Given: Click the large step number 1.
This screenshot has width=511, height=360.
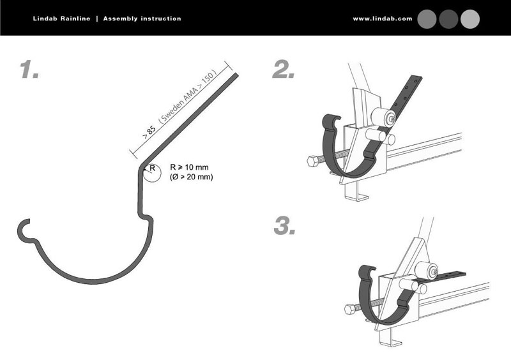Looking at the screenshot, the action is (29, 69).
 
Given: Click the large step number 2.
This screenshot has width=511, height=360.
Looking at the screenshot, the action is (283, 69).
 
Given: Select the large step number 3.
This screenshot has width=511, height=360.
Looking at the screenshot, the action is (284, 226).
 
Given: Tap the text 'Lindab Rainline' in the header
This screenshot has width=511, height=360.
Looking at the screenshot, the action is (61, 19).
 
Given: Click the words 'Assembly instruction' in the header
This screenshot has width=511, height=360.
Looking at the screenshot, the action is (142, 19).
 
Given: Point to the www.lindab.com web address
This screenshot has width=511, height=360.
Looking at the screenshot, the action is (383, 19).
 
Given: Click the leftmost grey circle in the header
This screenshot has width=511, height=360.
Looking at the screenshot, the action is (427, 19).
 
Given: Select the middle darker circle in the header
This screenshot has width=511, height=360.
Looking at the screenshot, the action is (448, 19).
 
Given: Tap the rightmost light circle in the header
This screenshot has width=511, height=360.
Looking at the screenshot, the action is (470, 19).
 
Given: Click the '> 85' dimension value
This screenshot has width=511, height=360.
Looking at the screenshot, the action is (149, 132).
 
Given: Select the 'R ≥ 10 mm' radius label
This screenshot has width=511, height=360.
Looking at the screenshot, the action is (189, 167).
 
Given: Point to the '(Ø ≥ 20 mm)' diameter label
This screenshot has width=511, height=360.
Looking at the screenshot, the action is (191, 177).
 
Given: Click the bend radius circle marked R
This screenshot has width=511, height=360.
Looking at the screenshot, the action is (152, 173).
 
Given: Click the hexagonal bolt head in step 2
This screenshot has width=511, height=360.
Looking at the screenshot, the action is (313, 161).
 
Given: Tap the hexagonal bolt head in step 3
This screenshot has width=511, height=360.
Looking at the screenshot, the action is (350, 309).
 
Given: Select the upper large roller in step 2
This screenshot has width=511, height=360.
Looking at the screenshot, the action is (384, 117).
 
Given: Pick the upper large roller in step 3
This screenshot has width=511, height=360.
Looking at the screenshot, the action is (426, 270).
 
